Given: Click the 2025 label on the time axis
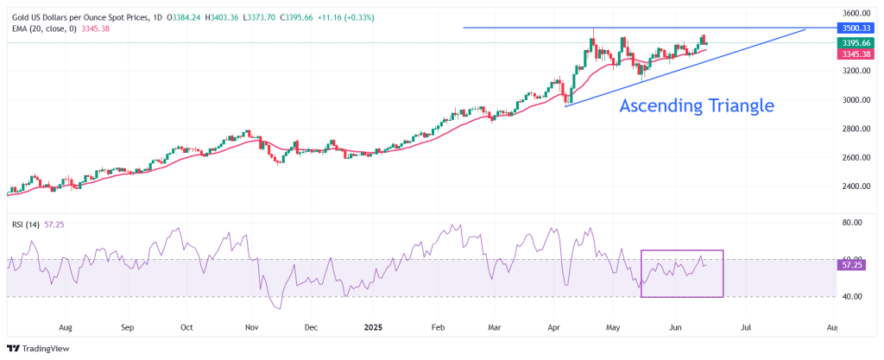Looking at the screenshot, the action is (x=373, y=326).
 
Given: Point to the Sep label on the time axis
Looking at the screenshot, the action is (x=128, y=326).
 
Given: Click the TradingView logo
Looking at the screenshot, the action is (x=38, y=349).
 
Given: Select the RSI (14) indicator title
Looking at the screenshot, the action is (x=25, y=224).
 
